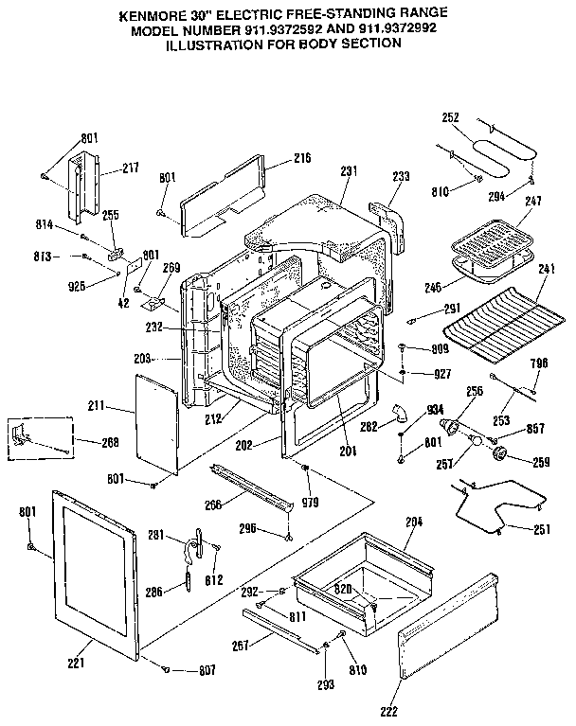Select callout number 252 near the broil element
coord(450,118)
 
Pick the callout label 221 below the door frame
coord(77,662)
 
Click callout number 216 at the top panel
coord(302,157)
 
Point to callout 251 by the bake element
coord(540,529)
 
